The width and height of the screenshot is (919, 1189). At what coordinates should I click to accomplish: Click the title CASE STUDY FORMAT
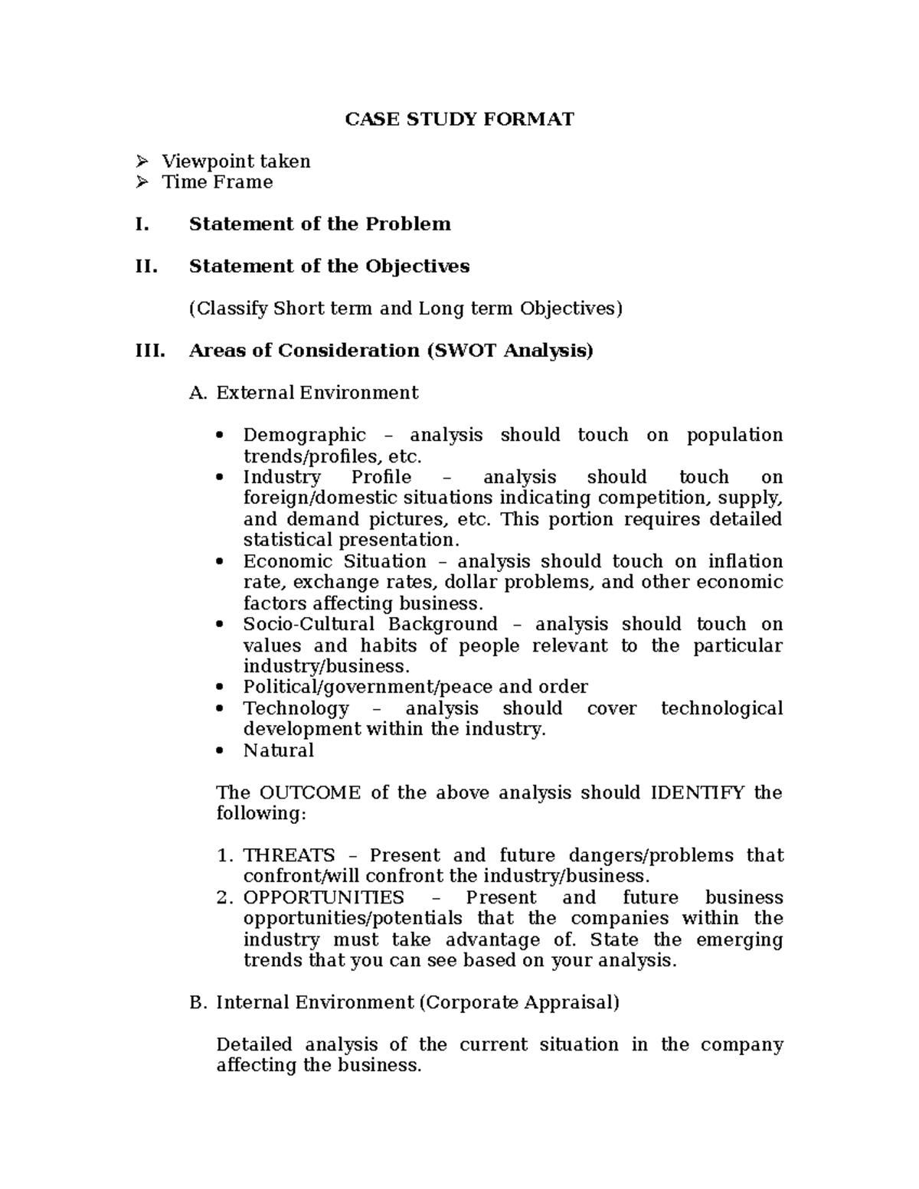coord(459,119)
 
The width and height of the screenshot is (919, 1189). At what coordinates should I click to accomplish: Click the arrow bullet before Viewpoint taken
coord(141,162)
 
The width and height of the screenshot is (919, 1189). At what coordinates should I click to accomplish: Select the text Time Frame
coord(217,182)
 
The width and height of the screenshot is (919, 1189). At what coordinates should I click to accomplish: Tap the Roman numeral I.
coord(139,224)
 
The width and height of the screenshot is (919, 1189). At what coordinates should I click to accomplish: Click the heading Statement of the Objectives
coord(329,266)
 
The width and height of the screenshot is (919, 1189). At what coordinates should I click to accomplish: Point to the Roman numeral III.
coord(149,351)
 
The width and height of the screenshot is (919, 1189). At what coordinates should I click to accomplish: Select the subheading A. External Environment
coord(303,393)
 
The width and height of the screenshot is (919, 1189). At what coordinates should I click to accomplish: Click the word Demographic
coord(304,436)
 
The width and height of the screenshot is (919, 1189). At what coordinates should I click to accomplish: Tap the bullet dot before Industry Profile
coord(221,478)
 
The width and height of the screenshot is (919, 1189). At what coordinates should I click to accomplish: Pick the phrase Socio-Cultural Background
coord(370,624)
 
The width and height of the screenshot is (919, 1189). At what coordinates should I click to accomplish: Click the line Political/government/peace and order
coord(415,687)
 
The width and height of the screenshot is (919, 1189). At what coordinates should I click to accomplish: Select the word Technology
coord(296,708)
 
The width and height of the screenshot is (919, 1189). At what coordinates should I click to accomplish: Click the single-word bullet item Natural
coord(279,750)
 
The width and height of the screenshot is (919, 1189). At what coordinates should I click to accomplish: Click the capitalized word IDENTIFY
coord(696,792)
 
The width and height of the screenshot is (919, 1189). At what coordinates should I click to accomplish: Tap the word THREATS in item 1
coord(289,855)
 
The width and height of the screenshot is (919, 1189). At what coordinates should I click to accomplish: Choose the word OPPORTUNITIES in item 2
coord(323,897)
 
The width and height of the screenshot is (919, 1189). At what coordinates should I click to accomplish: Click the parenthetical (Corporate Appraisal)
coord(518,1002)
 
